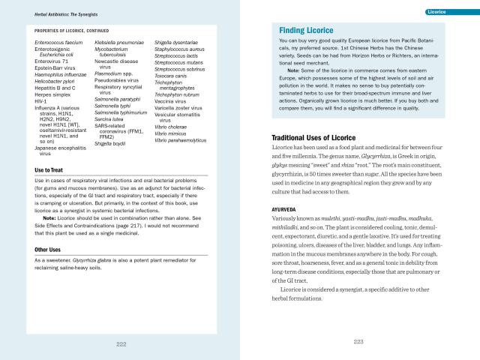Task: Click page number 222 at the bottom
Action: [x=120, y=343]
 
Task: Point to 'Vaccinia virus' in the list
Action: [x=174, y=101]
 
